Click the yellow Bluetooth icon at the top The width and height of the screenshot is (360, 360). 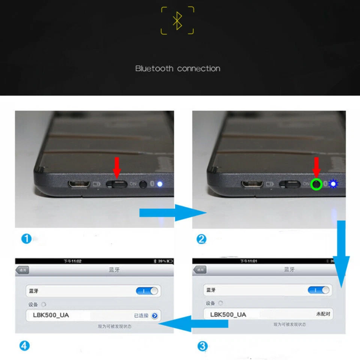(177, 21)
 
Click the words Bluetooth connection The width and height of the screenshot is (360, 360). (177, 69)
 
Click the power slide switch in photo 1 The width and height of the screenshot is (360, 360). (117, 184)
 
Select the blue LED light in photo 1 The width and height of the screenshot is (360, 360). (160, 184)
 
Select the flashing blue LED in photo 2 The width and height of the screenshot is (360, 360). (333, 184)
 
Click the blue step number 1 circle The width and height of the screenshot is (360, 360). (26, 239)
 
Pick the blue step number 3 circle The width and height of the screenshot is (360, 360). (202, 346)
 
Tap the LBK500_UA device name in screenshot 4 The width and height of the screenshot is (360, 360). (51, 315)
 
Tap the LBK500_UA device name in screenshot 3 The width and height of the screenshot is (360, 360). (228, 314)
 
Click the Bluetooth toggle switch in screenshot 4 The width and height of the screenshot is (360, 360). (147, 291)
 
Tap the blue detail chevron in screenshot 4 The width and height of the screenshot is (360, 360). (154, 316)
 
